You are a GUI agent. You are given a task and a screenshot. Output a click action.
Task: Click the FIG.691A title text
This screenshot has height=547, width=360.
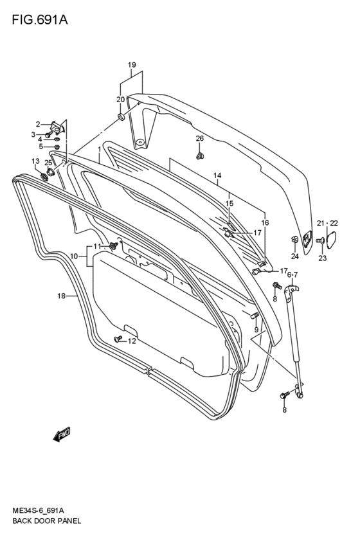(x=40, y=20)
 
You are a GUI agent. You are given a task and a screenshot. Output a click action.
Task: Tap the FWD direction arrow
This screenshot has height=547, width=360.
(x=62, y=435)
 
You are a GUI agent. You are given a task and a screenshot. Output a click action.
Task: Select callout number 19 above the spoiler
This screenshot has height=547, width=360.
(x=132, y=65)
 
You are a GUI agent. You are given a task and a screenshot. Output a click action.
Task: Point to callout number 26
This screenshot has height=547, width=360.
(x=199, y=138)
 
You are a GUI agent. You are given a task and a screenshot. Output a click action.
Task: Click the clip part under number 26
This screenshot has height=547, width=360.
(x=200, y=156)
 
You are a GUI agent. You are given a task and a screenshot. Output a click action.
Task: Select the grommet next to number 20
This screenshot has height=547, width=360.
(x=121, y=117)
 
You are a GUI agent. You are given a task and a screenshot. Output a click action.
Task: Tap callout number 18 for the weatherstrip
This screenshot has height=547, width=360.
(x=62, y=296)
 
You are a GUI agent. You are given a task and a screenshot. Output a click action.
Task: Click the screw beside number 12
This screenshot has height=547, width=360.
(x=118, y=338)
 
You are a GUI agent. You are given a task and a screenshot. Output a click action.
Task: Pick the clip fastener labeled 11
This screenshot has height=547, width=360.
(x=113, y=246)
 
